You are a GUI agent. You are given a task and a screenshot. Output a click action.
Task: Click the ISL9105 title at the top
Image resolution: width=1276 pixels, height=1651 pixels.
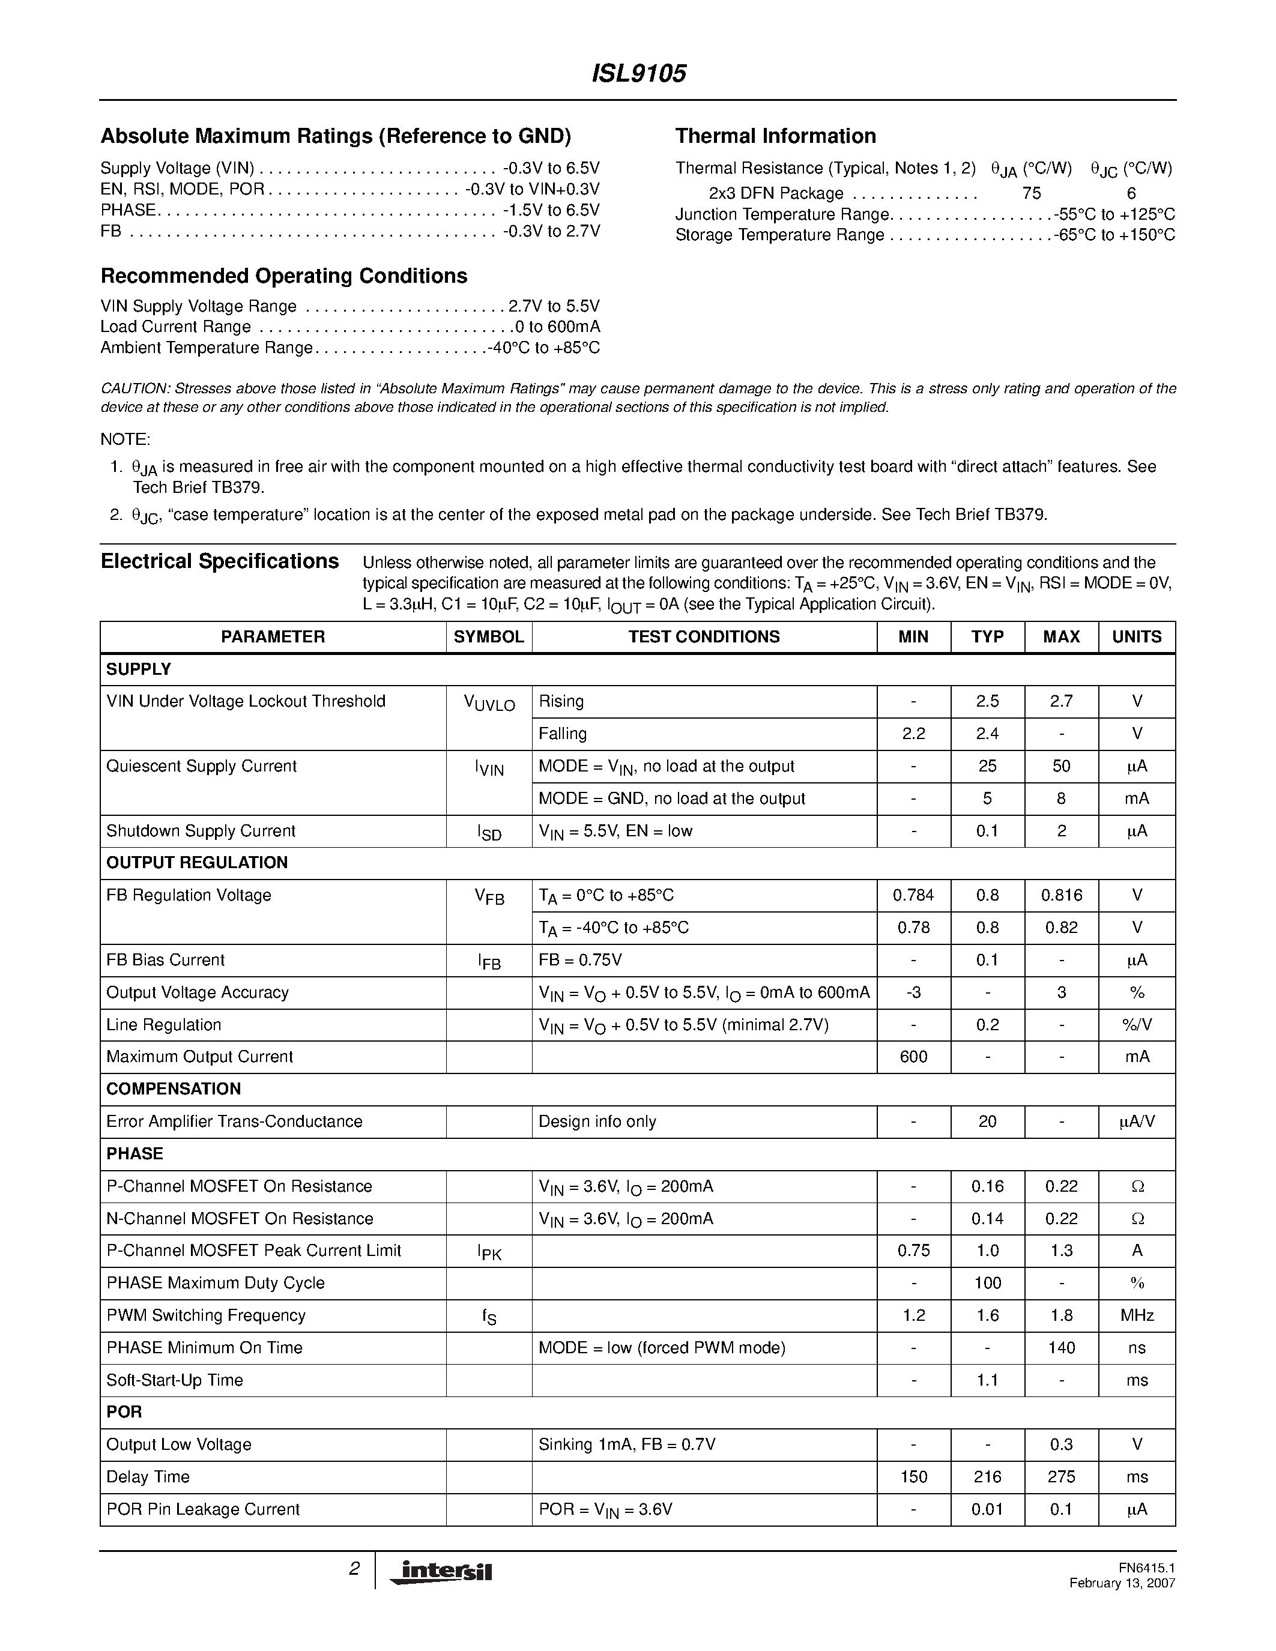638,73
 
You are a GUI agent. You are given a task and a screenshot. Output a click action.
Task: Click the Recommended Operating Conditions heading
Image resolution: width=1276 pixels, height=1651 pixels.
283,276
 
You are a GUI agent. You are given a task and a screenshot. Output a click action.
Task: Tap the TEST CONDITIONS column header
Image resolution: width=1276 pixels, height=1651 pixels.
704,636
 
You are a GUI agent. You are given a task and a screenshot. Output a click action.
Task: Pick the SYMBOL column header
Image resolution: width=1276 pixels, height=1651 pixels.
488,636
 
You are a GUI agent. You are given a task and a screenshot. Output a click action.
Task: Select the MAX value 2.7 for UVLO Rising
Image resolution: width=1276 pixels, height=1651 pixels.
1060,701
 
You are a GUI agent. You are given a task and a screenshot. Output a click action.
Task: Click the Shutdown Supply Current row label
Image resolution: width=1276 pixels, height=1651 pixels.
201,831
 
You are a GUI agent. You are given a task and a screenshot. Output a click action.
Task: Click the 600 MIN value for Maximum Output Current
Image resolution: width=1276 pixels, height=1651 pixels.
913,1056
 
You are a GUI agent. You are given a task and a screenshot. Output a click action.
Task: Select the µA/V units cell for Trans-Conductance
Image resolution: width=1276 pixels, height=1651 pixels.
1136,1121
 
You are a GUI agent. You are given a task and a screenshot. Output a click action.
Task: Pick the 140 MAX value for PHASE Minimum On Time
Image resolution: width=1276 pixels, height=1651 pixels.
1060,1347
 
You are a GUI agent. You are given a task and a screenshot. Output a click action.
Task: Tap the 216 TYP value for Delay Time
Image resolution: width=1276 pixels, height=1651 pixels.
987,1476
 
